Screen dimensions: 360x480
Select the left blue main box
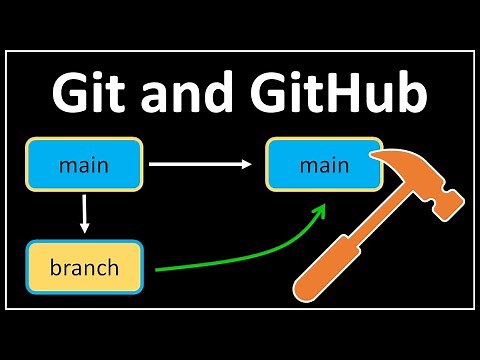pos(84,164)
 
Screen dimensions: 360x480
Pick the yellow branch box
pos(84,268)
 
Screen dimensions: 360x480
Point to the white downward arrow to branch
pos(85,211)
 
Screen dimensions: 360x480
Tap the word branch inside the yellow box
pos(84,268)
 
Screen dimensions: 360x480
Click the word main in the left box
pos(84,164)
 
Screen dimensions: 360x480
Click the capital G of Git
pos(71,97)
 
